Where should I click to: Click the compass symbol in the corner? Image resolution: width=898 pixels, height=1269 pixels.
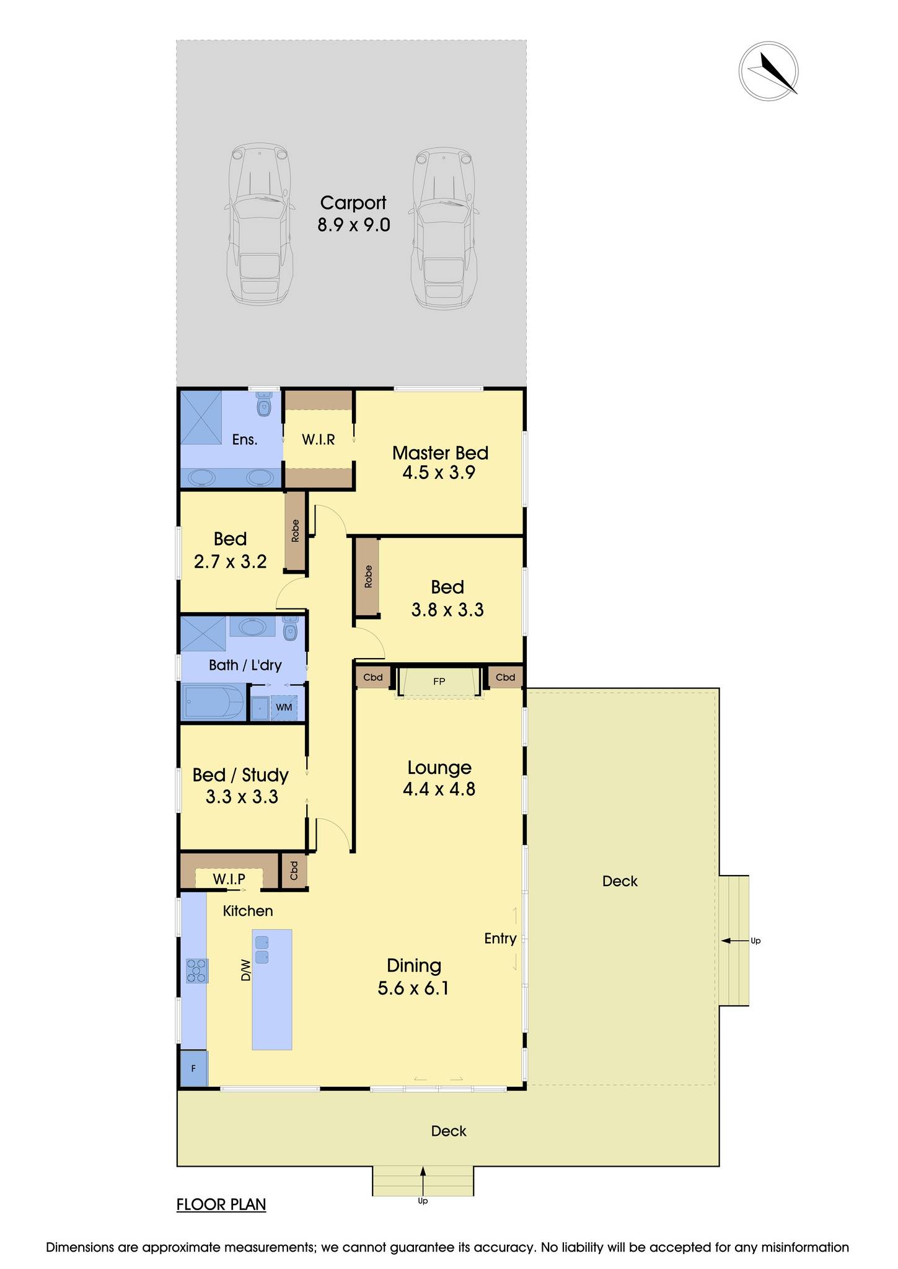tap(768, 71)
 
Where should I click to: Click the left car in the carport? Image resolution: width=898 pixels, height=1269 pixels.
tap(259, 224)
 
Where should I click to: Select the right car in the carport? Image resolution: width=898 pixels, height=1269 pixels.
tap(444, 228)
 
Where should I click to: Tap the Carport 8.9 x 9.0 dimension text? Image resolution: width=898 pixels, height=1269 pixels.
tap(354, 224)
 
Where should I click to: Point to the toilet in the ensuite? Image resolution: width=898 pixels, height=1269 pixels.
tap(265, 405)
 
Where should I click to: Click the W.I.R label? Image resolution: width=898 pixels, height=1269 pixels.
tap(319, 440)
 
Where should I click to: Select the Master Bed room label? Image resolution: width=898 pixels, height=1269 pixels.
tap(440, 453)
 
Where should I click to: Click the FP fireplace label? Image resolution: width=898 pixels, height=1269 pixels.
tap(439, 682)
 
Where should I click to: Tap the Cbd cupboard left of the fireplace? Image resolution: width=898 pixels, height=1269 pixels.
tap(373, 677)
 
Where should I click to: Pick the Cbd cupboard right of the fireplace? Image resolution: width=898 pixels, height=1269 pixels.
tap(506, 677)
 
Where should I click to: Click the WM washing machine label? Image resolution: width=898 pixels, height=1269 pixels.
tap(284, 707)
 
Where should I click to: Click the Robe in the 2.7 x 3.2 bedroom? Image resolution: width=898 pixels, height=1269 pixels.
tap(296, 531)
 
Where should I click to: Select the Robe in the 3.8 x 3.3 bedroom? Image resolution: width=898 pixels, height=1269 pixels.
tap(368, 577)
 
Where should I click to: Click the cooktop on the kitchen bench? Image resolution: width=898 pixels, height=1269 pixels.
tap(197, 970)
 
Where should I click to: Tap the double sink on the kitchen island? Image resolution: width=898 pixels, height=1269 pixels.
tap(261, 949)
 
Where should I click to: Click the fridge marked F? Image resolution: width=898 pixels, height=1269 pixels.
tap(194, 1069)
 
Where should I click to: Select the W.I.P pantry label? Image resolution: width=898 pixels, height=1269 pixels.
tap(229, 879)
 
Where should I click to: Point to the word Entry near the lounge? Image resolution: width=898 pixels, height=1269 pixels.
tap(500, 939)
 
